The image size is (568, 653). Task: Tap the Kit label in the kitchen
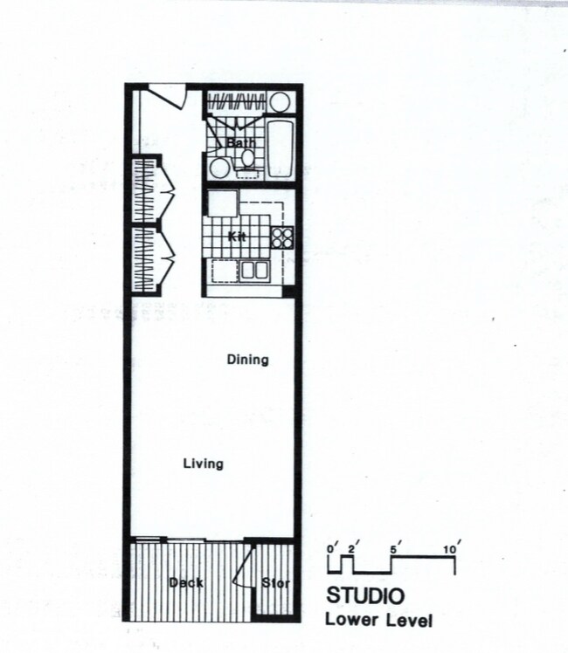tap(236, 237)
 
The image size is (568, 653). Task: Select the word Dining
tap(247, 359)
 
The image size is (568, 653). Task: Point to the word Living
tap(203, 464)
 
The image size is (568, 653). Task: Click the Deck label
tap(186, 582)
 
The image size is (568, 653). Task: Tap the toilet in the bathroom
tap(248, 160)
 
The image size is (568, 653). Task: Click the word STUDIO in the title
tap(364, 598)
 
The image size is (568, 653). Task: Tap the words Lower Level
tap(378, 621)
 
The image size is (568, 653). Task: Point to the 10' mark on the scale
tap(453, 549)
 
